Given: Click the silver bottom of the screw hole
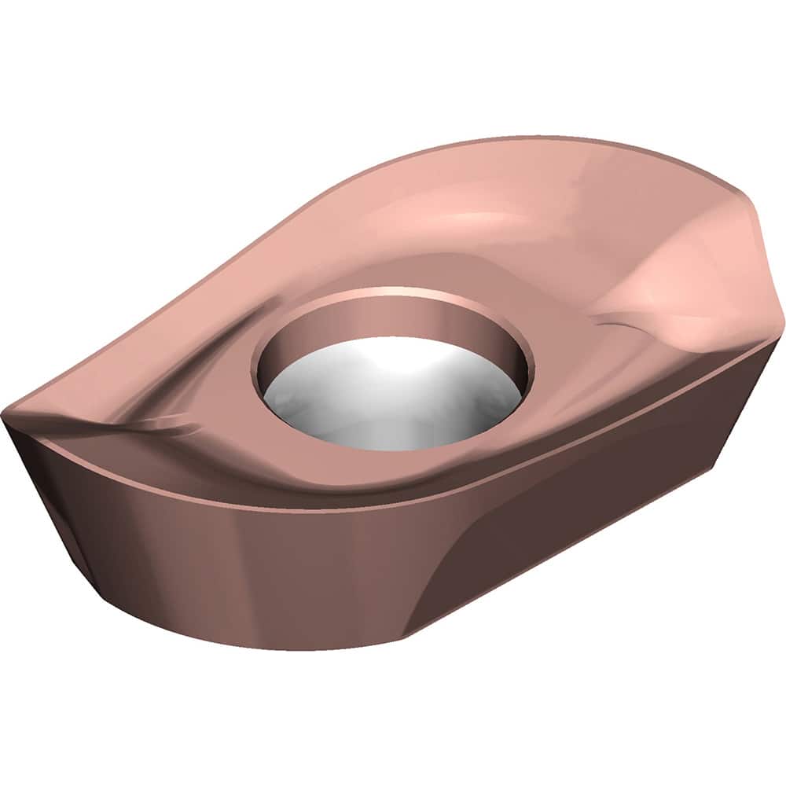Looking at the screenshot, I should (x=393, y=409).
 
